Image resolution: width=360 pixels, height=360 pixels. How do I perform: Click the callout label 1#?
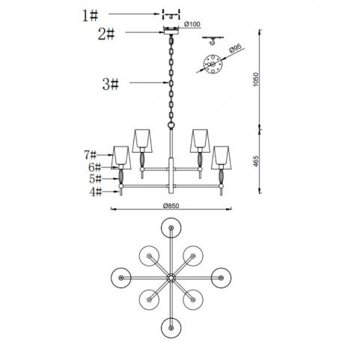pos(90,16)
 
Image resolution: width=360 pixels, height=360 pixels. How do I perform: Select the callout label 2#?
pos(106,34)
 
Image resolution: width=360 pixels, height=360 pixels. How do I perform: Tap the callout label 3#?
pos(111,84)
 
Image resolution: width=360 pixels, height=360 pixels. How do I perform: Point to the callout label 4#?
pos(96,192)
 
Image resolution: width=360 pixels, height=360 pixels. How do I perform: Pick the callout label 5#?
pos(96,179)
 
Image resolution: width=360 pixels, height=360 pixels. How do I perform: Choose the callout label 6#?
pos(95,167)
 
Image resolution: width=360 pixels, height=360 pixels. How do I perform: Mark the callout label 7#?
pos(90,155)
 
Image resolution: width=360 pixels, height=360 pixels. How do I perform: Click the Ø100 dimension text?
pos(192,24)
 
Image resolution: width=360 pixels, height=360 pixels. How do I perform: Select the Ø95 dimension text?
pos(236,48)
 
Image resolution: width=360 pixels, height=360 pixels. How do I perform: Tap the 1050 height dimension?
pos(256,79)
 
